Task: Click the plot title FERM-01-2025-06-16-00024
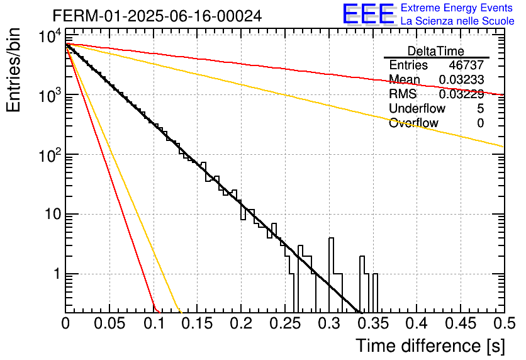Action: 157,16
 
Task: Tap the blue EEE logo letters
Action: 369,14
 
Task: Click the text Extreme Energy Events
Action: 457,8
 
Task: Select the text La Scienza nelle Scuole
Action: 457,21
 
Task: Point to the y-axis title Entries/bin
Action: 13,70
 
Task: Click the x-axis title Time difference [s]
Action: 430,346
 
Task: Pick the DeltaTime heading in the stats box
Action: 436,51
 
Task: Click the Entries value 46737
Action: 466,65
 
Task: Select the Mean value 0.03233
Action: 461,79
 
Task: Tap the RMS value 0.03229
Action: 461,94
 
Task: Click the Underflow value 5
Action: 480,108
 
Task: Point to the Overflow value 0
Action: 480,123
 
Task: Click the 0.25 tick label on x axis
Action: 286,323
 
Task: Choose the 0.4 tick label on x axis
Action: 417,323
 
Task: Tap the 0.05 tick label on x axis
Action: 109,323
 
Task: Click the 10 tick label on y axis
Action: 53,214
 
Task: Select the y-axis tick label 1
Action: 57,274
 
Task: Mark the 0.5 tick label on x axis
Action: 504,323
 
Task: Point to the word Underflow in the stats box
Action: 417,108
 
